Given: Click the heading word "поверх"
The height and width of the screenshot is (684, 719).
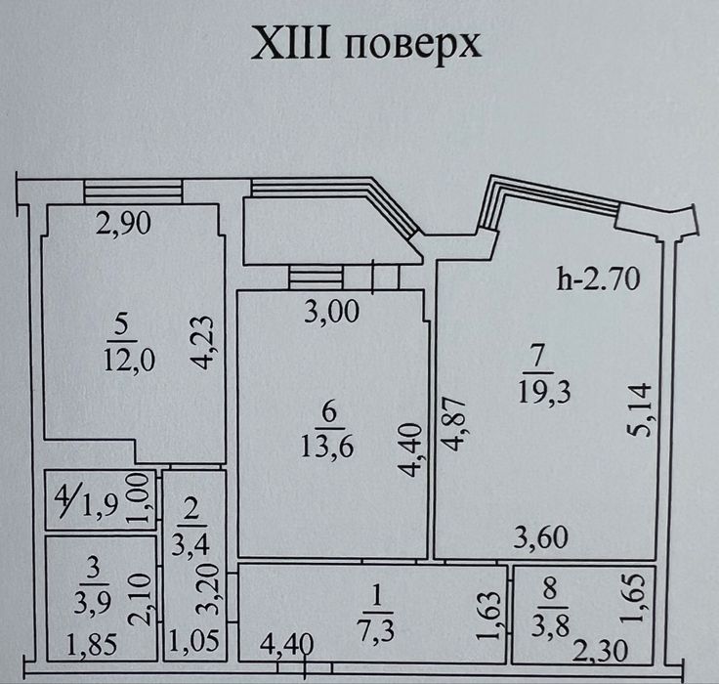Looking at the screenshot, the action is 412,46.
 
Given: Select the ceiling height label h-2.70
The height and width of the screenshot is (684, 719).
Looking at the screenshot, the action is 598,278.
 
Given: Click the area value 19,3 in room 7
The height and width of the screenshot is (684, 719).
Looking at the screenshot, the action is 544,392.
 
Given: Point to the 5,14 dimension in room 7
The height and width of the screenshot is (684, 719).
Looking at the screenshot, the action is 640,409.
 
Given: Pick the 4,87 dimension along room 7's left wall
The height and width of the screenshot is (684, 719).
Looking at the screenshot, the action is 455,425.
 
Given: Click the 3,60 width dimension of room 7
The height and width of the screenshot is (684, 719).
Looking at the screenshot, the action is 541,537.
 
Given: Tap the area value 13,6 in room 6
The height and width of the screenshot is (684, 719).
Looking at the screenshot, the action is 327,445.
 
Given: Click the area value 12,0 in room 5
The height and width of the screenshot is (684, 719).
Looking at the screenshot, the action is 129,360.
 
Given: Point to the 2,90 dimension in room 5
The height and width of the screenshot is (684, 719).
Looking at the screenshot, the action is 123,225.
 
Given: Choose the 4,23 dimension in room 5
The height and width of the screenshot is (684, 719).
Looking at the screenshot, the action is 202,342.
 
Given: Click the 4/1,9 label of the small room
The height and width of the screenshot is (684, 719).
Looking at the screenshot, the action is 87,501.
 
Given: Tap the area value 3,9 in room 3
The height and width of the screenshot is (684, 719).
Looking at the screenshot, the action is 92,603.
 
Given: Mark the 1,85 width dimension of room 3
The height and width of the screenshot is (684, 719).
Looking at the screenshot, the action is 92,645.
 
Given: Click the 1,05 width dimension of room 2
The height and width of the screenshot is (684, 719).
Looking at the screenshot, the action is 194,640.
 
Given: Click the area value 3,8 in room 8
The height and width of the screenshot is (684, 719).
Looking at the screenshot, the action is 550,625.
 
